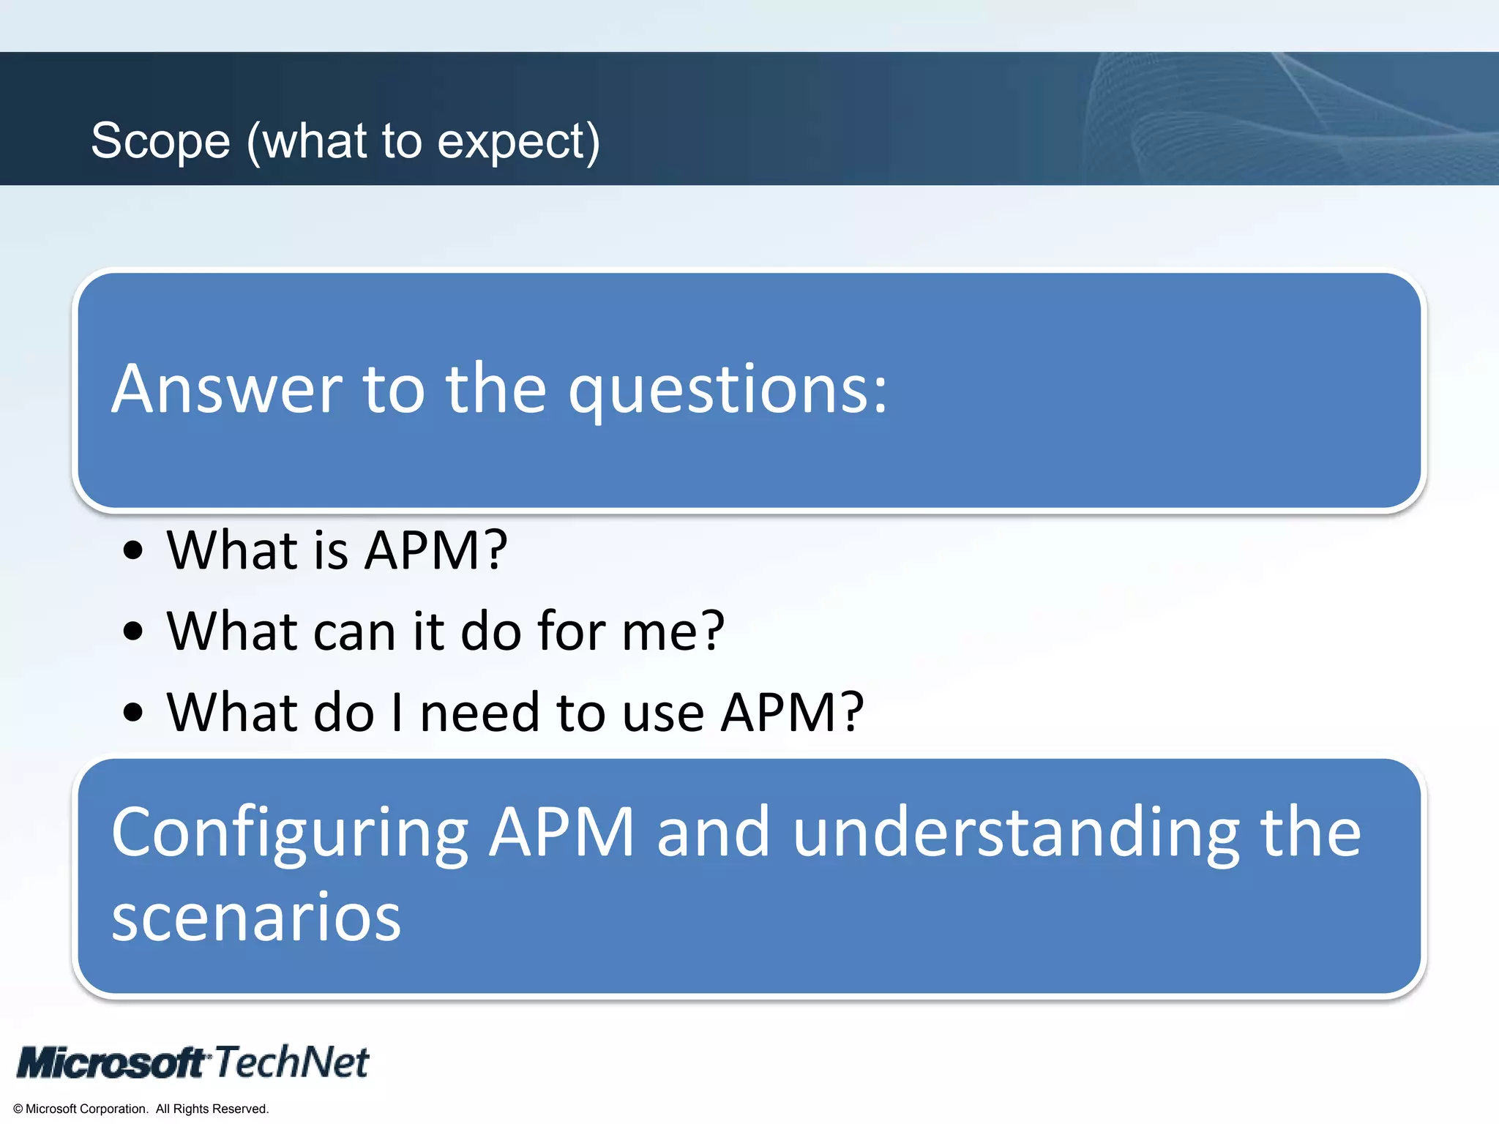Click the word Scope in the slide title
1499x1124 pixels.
pos(160,141)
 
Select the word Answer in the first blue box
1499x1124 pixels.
pos(227,389)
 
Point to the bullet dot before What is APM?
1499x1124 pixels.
pos(133,550)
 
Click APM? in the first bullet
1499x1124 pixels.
pos(436,550)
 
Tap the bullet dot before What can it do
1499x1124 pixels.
pos(133,631)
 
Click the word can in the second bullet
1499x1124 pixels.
pos(354,631)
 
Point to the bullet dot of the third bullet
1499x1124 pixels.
pos(133,712)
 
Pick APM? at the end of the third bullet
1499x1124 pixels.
pos(792,712)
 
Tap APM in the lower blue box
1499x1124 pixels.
pos(561,832)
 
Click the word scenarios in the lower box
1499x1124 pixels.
pos(256,918)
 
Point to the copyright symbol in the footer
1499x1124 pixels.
pos(18,1109)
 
